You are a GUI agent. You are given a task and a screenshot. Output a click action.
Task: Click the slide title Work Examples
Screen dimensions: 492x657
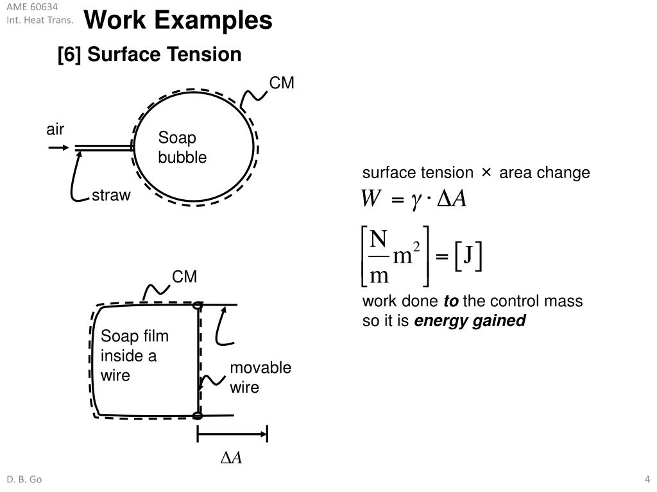pyautogui.click(x=178, y=20)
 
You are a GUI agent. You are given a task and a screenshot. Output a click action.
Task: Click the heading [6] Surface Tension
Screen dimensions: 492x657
pyautogui.click(x=149, y=55)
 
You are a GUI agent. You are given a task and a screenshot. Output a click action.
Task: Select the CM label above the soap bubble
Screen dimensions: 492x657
pyautogui.click(x=281, y=83)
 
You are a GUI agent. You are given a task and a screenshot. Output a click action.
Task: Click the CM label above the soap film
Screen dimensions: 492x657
pyautogui.click(x=184, y=277)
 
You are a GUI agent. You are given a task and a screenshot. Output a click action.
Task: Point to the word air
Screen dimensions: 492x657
pyautogui.click(x=55, y=130)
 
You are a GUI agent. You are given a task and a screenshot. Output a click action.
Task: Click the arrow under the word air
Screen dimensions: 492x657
pyautogui.click(x=58, y=148)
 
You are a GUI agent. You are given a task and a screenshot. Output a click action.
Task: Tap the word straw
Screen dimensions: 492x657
pyautogui.click(x=111, y=196)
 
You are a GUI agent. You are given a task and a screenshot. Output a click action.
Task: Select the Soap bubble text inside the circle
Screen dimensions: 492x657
pyautogui.click(x=182, y=148)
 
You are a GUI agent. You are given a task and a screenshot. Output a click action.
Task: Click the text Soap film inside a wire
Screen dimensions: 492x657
pyautogui.click(x=135, y=356)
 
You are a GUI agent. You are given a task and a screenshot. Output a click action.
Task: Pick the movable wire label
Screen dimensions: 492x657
pyautogui.click(x=260, y=377)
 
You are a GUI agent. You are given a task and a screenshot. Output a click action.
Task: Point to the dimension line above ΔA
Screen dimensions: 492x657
pyautogui.click(x=232, y=434)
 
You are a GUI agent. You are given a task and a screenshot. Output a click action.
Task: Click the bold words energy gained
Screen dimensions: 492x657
pyautogui.click(x=470, y=321)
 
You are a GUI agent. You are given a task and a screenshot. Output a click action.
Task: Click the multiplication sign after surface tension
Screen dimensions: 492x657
pyautogui.click(x=486, y=173)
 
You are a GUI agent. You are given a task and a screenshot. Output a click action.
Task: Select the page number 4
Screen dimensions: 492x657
pyautogui.click(x=647, y=480)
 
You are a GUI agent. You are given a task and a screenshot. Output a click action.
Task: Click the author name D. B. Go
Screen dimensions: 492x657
pyautogui.click(x=24, y=480)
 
